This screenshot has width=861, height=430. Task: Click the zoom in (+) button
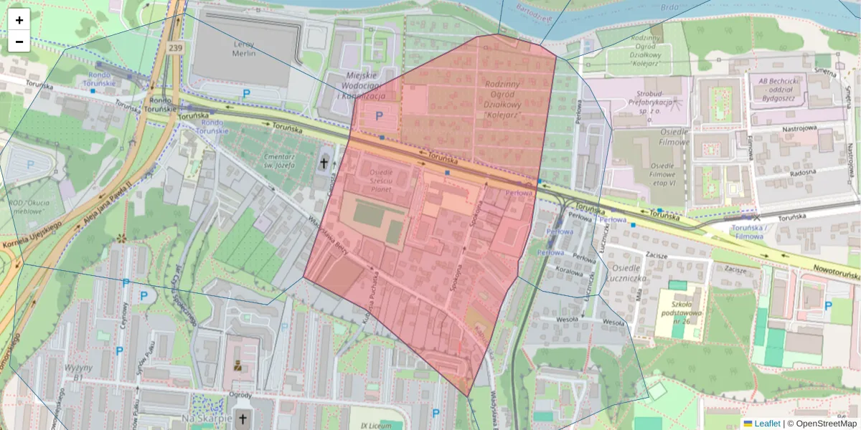pyautogui.click(x=19, y=20)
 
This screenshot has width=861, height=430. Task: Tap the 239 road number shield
pyautogui.click(x=175, y=47)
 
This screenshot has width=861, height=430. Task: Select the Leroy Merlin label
pyautogui.click(x=244, y=48)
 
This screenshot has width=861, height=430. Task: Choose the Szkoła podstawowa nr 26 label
pyautogui.click(x=683, y=307)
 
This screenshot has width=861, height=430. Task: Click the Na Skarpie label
pyautogui.click(x=207, y=418)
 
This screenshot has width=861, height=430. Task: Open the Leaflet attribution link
pyautogui.click(x=766, y=424)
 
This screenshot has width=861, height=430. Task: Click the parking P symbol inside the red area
pyautogui.click(x=380, y=115)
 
